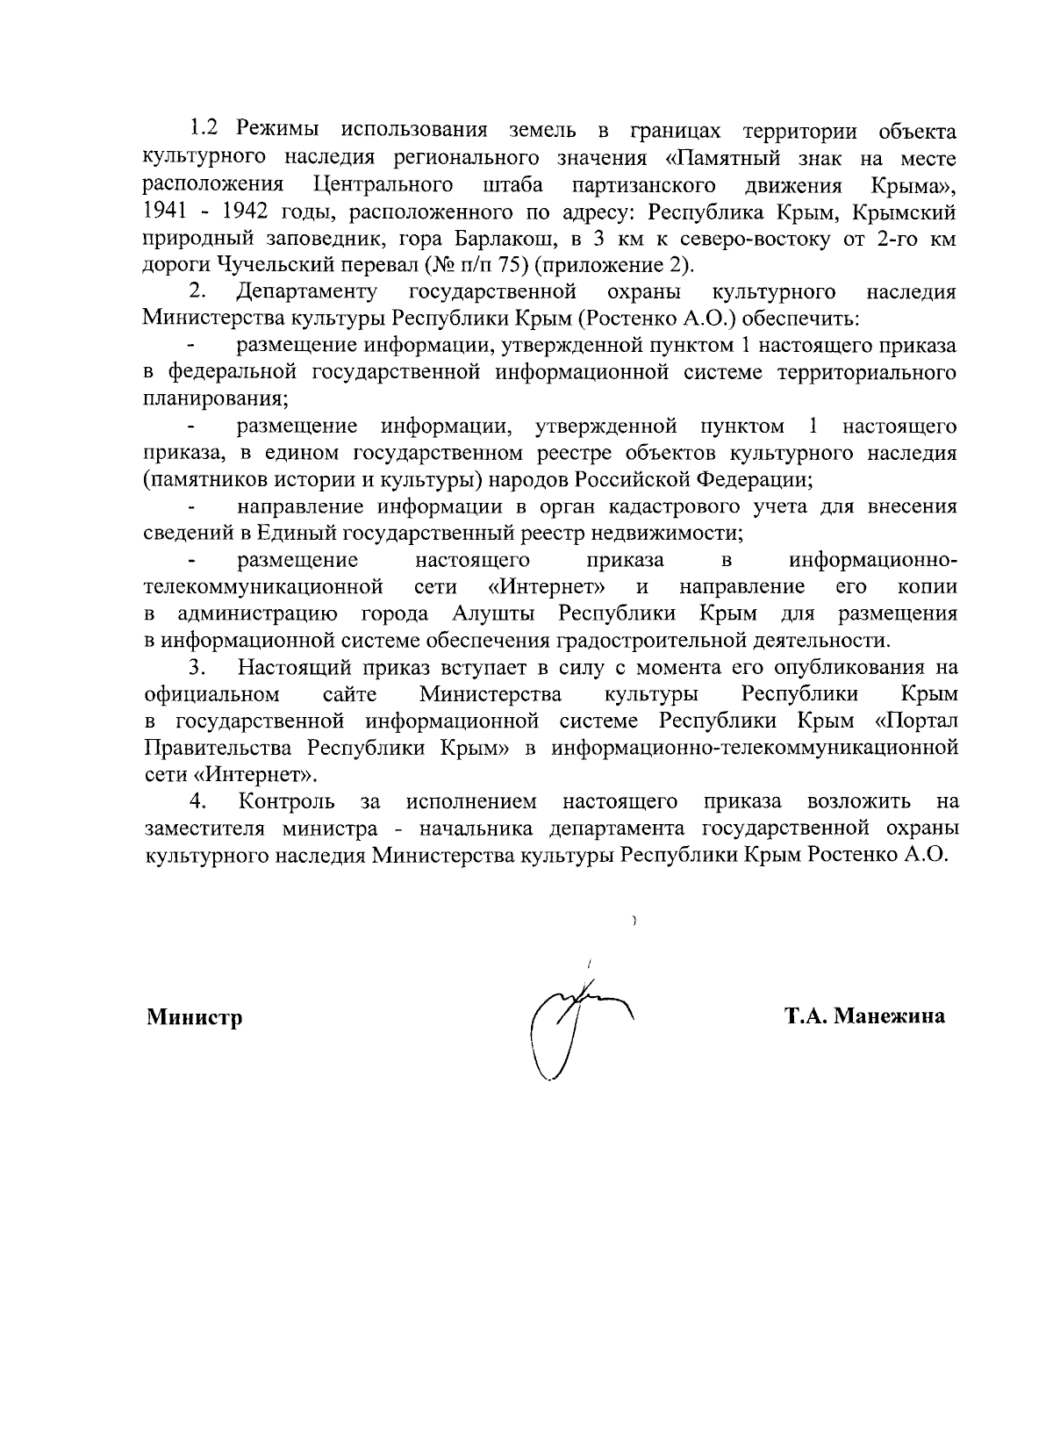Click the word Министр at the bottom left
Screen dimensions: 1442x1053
tap(194, 1017)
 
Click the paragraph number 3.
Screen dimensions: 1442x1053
tap(197, 668)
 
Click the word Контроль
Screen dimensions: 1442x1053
tap(287, 801)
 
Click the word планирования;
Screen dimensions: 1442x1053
tap(216, 399)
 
